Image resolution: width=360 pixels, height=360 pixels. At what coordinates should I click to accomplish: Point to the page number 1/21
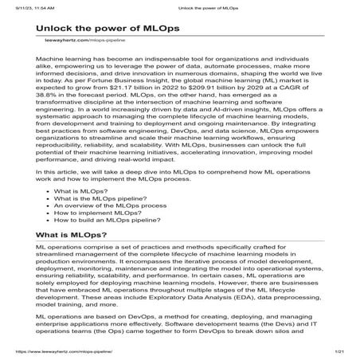338,351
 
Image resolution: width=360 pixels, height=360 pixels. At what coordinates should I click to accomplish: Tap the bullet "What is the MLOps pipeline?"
104,223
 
